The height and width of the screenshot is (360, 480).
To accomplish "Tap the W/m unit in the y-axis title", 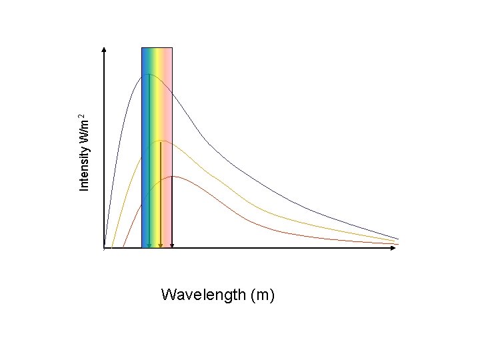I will tap(84, 131).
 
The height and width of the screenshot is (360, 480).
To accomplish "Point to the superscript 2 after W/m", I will tap(81, 117).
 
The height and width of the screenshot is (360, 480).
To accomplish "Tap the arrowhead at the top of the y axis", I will tap(105, 50).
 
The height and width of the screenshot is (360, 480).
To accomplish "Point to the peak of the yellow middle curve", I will tap(160, 141).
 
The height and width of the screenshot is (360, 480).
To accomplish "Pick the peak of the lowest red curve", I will tap(173, 176).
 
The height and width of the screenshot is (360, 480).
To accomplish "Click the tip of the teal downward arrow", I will tap(149, 246).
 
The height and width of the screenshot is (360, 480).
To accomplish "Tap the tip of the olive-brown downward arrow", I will tap(160, 246).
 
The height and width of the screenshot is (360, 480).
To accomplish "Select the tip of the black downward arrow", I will tap(172, 246).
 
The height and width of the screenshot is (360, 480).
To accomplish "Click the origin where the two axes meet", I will tap(105, 248).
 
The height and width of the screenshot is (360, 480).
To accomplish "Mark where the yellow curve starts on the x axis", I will tap(112, 247).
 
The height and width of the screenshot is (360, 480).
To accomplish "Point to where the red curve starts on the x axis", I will tap(123, 247).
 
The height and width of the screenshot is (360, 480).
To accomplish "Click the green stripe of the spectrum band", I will tap(153, 100).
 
